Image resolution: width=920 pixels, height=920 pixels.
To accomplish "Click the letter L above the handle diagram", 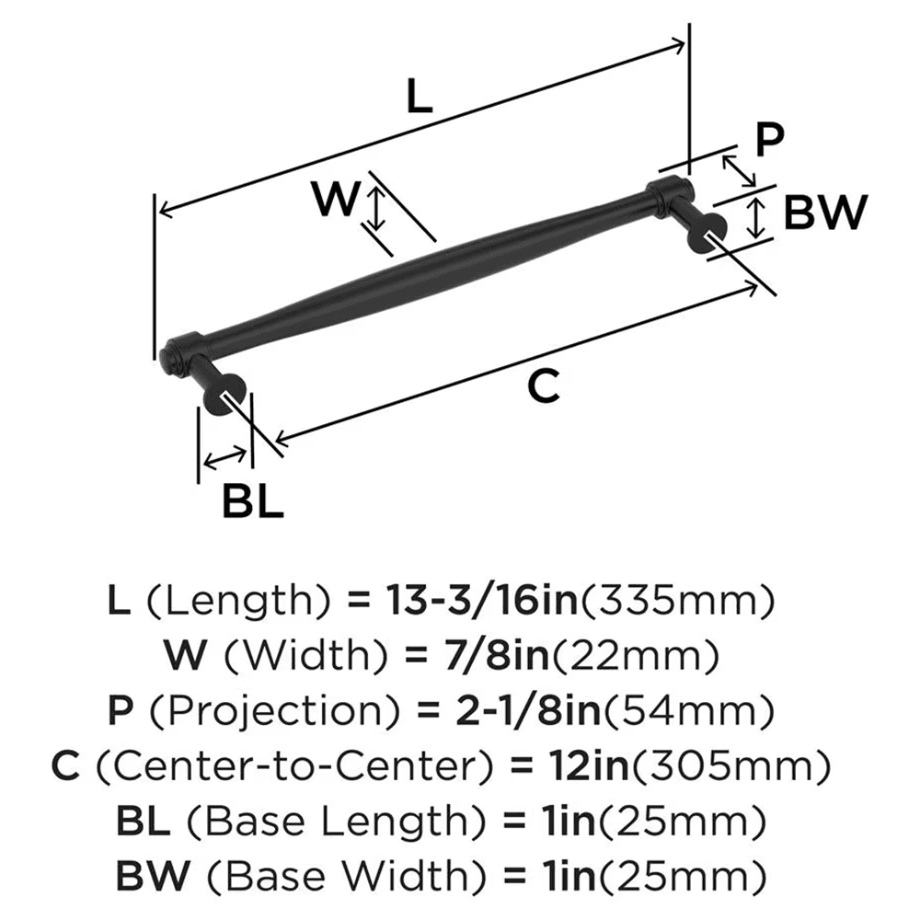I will [x=419, y=97].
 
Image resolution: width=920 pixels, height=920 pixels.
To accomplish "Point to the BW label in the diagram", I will [x=825, y=214].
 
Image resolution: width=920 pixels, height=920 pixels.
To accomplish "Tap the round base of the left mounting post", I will [x=224, y=397].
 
